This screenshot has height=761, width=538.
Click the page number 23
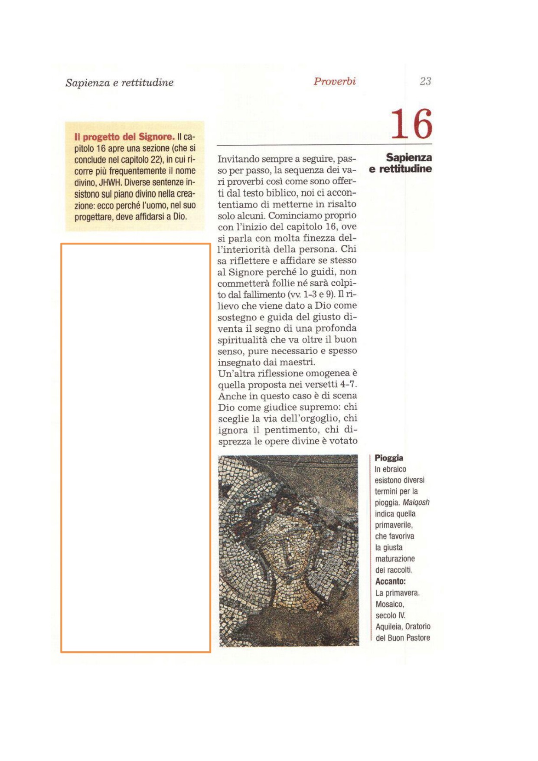(x=425, y=81)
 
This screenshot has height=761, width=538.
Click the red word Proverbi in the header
(x=335, y=81)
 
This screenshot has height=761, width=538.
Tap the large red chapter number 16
(x=411, y=124)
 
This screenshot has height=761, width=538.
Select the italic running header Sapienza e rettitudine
(x=119, y=82)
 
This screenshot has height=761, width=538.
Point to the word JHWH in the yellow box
(x=111, y=182)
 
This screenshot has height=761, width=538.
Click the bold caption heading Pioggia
(x=389, y=458)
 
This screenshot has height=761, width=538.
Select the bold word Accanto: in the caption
(x=391, y=581)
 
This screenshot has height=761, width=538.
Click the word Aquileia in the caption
(x=388, y=627)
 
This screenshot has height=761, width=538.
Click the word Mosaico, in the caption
(x=390, y=604)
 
